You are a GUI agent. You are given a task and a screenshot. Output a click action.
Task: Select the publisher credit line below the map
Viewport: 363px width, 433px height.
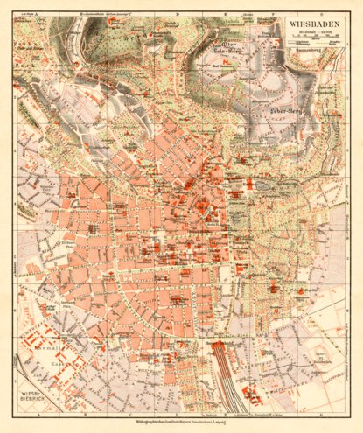(181, 423)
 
